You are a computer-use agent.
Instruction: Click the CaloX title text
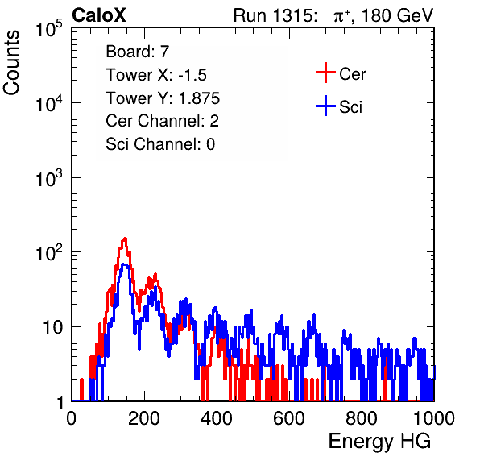click(x=99, y=15)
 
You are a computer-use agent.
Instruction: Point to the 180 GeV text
click(x=397, y=15)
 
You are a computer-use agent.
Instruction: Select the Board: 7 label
click(x=138, y=52)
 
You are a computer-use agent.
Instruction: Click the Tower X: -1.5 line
click(x=156, y=75)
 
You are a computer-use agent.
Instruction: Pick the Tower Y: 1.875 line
click(x=163, y=98)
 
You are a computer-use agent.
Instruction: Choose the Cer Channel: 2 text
click(x=162, y=121)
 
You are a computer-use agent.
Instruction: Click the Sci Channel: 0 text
click(x=160, y=144)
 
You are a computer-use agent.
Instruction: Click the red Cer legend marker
click(x=325, y=73)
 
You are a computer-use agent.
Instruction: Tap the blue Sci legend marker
click(x=325, y=106)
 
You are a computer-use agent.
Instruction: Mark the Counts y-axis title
click(x=11, y=63)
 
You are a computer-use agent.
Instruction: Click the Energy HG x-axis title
click(x=379, y=442)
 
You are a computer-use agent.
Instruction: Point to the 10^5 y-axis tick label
click(x=49, y=29)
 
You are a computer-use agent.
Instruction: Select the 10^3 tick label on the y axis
click(x=49, y=179)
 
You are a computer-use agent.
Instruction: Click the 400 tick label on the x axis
click(x=216, y=418)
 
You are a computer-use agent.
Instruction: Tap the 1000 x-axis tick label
click(x=434, y=418)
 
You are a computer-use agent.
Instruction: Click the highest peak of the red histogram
click(x=125, y=238)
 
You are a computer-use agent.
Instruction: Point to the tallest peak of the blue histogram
click(x=124, y=264)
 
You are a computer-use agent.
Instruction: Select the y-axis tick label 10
click(x=53, y=327)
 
